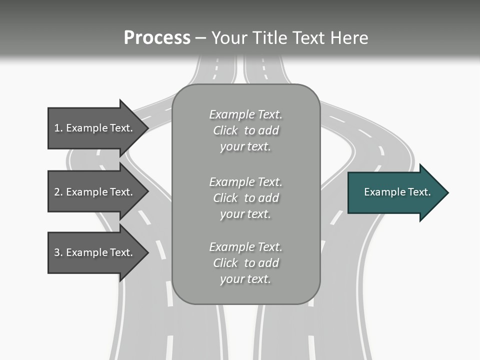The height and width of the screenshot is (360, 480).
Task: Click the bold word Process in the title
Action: coord(157,38)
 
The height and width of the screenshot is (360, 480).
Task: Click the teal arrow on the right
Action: coord(395,192)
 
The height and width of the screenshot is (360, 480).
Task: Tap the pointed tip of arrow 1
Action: coord(147,128)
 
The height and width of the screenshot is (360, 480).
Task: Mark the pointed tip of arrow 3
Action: coord(147,252)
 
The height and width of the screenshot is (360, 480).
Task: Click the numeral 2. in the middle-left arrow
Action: coord(58,192)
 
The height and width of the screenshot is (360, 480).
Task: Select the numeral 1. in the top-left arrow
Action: coord(58,128)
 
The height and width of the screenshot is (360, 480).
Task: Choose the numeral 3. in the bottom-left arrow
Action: coord(58,252)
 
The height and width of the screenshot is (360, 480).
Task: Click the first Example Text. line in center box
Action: coord(245,114)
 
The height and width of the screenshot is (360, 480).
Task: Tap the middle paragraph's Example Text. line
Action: coord(245,182)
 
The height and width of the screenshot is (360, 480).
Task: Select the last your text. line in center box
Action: coord(245,279)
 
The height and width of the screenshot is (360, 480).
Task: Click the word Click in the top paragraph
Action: coord(225,130)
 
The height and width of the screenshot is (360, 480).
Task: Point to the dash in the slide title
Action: coord(200,38)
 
